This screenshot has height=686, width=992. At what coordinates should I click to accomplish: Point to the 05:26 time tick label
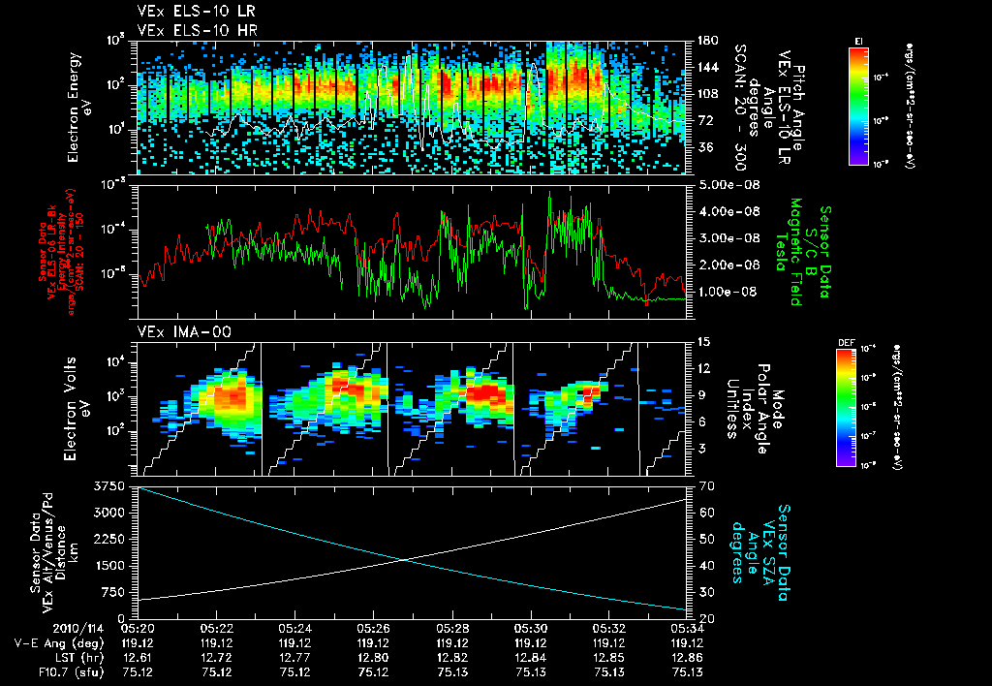(373, 629)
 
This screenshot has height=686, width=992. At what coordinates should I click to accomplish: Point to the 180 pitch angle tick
(705, 41)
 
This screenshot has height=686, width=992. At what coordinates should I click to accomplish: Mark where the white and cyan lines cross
(403, 559)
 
